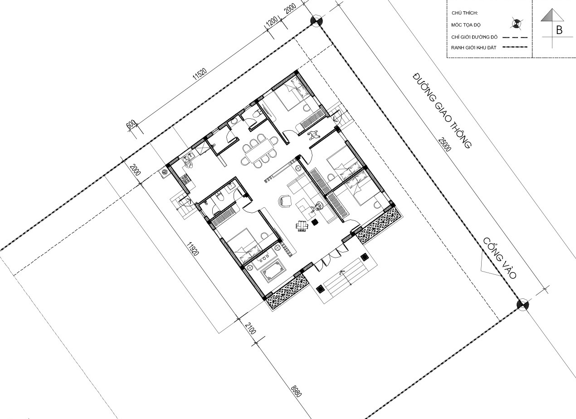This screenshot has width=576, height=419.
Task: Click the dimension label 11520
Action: click(x=200, y=74)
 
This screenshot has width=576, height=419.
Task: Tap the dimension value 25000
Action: click(x=445, y=145)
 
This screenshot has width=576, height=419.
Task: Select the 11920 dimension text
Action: click(x=193, y=248)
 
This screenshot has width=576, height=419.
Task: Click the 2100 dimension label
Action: click(x=250, y=328)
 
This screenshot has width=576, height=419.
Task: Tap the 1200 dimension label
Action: click(x=272, y=22)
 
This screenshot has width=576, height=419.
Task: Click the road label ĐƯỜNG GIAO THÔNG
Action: click(x=442, y=111)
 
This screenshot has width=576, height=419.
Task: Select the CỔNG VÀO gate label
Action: click(x=500, y=258)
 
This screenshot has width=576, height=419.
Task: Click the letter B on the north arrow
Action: click(x=559, y=30)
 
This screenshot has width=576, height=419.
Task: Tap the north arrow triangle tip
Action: click(x=552, y=9)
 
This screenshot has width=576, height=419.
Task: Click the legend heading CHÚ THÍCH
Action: click(x=465, y=13)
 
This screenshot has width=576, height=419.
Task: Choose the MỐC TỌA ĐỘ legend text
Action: click(x=466, y=25)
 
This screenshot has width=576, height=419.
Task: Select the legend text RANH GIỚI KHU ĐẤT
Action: click(x=473, y=48)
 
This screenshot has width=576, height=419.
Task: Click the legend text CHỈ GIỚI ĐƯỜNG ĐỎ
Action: click(x=474, y=37)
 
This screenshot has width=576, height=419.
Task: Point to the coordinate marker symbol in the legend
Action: click(x=516, y=24)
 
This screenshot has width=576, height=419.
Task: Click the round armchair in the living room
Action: click(x=285, y=201)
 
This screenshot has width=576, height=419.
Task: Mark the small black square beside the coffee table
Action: click(x=314, y=222)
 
